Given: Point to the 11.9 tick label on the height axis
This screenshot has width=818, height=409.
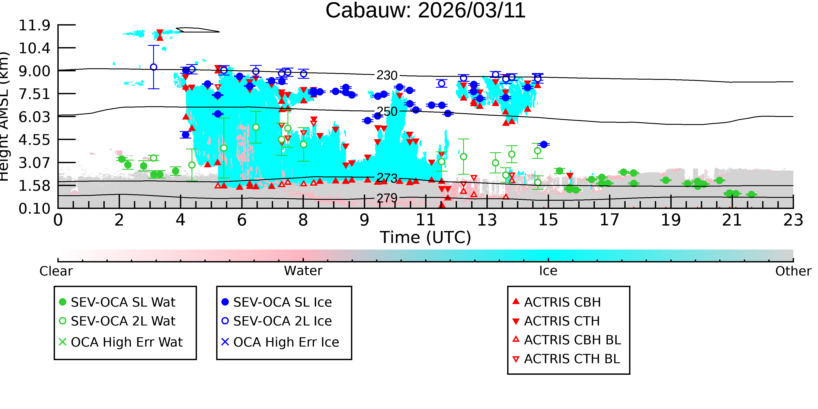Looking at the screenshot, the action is [34, 25].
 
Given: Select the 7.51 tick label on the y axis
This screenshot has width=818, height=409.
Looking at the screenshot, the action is [34, 94].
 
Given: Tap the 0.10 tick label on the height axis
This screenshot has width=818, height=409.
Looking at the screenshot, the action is [34, 209].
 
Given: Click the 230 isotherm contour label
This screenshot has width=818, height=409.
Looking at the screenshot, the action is [387, 75].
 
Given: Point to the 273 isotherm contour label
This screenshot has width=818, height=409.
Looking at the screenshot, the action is [387, 178].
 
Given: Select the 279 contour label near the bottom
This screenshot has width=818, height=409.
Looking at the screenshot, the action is [387, 198].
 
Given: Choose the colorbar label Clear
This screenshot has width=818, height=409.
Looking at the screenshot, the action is [56, 271].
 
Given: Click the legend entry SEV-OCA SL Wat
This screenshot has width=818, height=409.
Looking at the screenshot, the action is [118, 302].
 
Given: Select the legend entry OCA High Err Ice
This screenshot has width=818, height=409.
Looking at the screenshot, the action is [280, 342].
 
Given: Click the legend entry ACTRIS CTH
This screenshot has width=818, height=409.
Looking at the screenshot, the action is [556, 321].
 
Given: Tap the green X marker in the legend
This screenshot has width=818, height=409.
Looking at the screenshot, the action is [63, 342].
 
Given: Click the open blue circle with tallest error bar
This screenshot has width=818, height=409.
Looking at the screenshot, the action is [154, 67].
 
